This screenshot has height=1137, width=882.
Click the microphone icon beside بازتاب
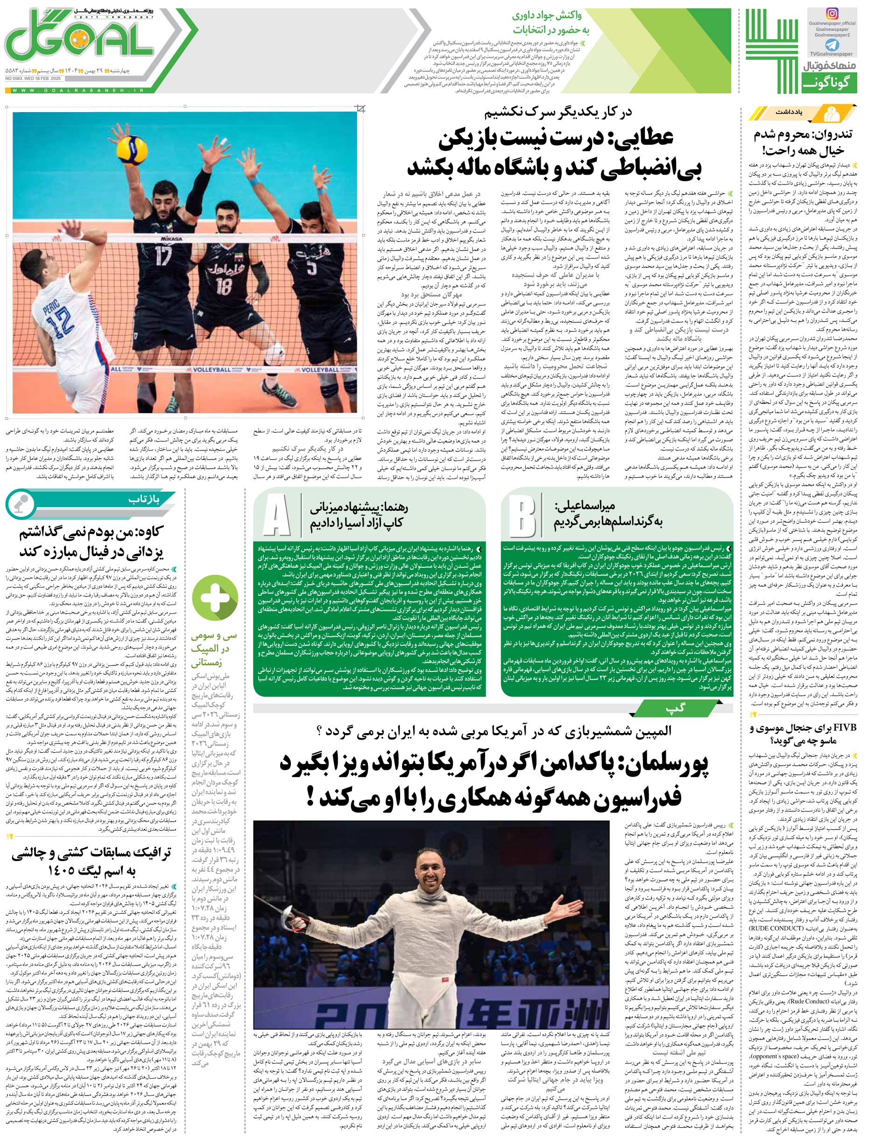[x=20, y=502]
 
